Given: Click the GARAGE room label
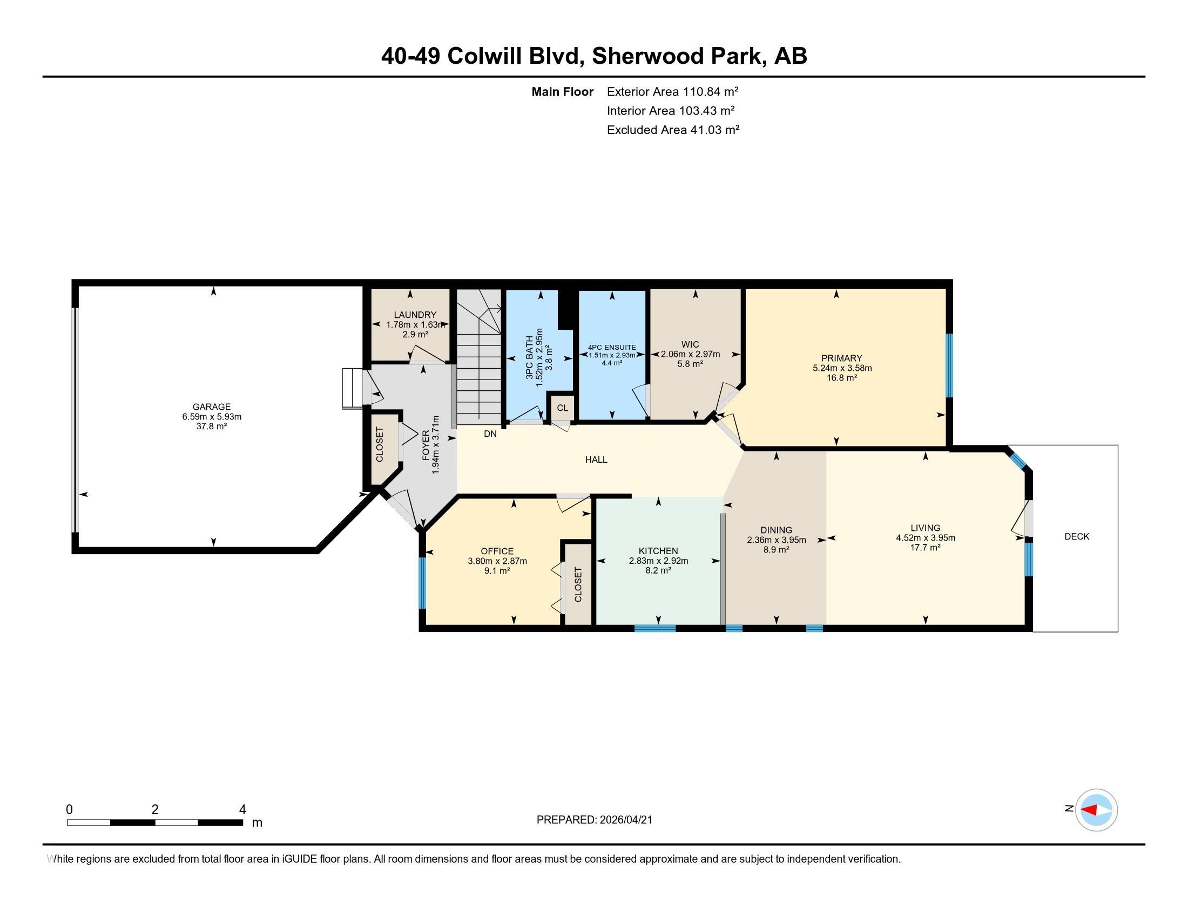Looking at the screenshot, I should (212, 407).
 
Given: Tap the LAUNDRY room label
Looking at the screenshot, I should (415, 315).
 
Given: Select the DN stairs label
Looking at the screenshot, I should (490, 434).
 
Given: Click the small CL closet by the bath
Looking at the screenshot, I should (562, 408).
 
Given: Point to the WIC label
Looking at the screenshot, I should (690, 344).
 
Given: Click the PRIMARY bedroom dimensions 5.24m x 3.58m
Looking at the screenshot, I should (841, 368).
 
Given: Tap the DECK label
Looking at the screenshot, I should (1076, 536).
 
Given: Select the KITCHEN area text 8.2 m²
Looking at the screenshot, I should (658, 570).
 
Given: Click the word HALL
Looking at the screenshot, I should (596, 459).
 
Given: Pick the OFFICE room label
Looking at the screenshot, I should (497, 551).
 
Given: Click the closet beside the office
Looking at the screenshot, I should (578, 584).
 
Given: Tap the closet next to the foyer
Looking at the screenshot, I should (380, 445).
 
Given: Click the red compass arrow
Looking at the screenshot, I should (1090, 810).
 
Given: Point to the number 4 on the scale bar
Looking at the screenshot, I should (242, 809).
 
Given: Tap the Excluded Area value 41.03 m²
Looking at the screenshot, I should (715, 130).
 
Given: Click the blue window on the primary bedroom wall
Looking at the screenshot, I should (949, 365).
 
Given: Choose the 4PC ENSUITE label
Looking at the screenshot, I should (612, 348).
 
